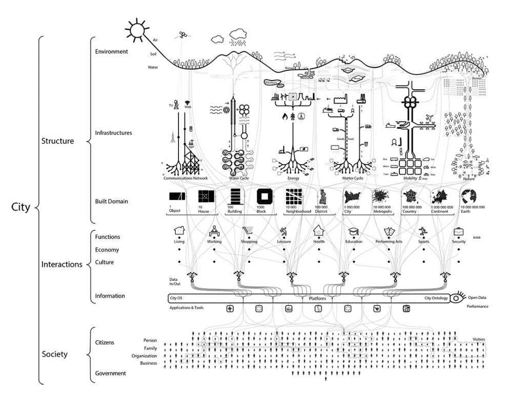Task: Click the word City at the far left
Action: pos(21,208)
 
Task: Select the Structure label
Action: pos(57,141)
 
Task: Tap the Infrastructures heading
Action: pos(113,133)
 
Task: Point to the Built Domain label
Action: pos(111,201)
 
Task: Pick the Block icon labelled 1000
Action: pos(266,196)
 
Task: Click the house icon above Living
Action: pos(179,230)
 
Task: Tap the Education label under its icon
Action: pos(354,242)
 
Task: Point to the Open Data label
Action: pos(478,297)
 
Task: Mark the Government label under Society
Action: pos(110,373)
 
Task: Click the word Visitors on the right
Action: pos(479,339)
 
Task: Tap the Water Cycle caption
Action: pos(239,179)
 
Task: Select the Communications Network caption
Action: pos(186,179)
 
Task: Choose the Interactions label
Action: pos(62,265)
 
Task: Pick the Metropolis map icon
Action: pos(382,196)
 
